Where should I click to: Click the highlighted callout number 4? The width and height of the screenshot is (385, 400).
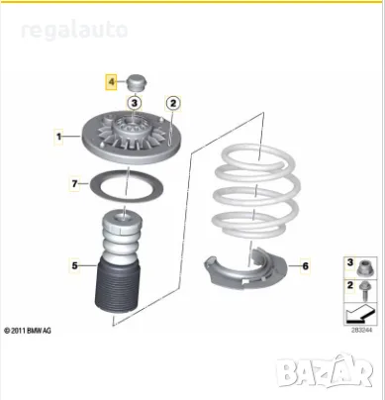(x=113, y=79)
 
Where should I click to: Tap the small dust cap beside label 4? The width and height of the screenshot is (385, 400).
(x=136, y=82)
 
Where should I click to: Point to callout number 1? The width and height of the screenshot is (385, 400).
(x=59, y=136)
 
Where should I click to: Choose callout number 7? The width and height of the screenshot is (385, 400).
(x=73, y=182)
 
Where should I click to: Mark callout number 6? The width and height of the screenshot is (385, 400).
(x=304, y=264)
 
